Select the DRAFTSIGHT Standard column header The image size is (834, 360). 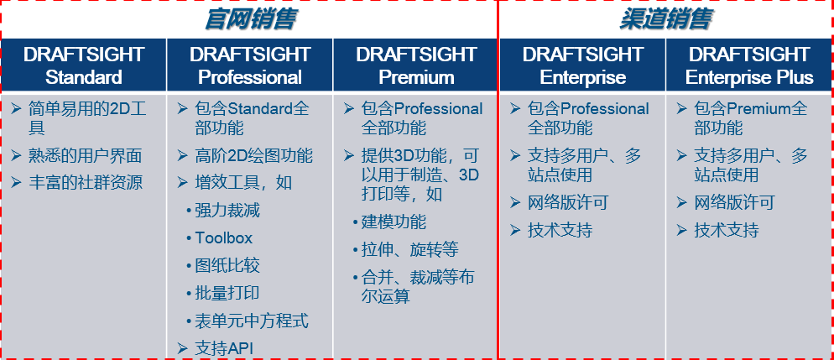click(x=84, y=65)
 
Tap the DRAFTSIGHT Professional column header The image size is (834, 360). click(x=250, y=65)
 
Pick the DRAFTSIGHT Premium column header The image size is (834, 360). click(x=416, y=65)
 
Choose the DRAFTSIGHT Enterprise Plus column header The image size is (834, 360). click(x=749, y=65)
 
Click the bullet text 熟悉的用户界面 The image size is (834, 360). click(x=85, y=155)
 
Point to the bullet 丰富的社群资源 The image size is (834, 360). click(x=85, y=182)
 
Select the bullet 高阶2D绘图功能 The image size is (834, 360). click(x=253, y=155)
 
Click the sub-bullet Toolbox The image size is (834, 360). click(x=223, y=237)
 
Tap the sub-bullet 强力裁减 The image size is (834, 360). click(x=227, y=210)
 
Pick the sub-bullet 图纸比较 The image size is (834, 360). click(x=227, y=265)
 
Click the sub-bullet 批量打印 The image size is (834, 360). click(x=227, y=293)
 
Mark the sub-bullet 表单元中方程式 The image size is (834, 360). click(x=252, y=321)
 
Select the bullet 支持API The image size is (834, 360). click(x=224, y=347)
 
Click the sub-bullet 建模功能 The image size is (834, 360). click(x=394, y=222)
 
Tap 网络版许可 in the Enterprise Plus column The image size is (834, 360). click(x=734, y=202)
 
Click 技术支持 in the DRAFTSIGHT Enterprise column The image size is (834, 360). click(x=560, y=230)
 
